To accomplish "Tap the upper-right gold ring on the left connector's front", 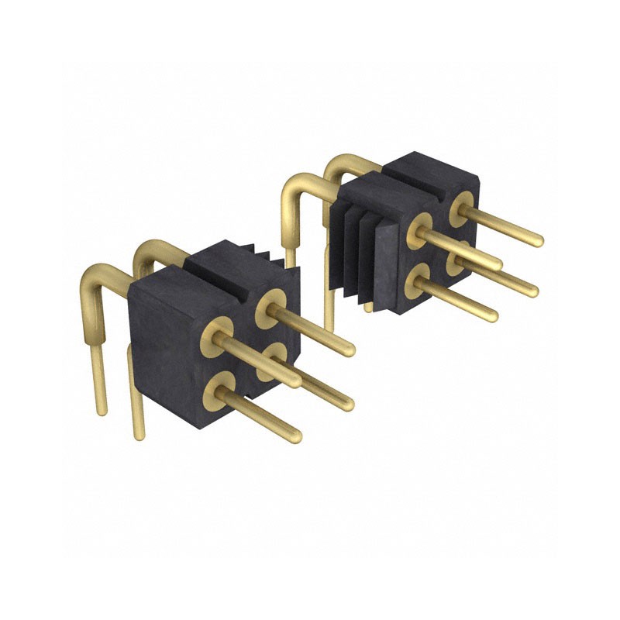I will pos(270,304).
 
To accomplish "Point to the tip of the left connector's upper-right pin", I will pos(350,350).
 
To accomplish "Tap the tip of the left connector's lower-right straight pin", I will pos(348,404).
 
